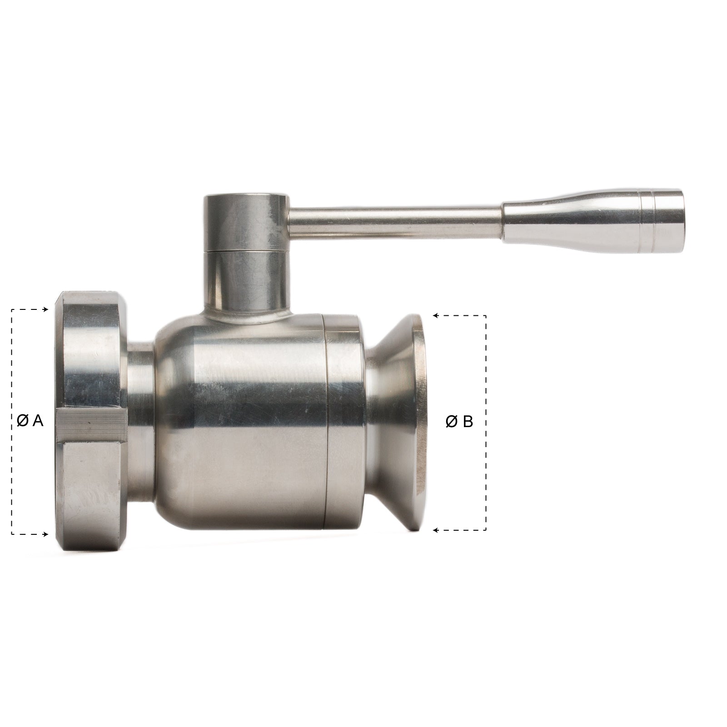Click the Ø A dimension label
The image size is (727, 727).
click(x=30, y=421)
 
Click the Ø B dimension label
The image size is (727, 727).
click(x=459, y=422)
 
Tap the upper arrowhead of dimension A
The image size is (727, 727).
click(x=46, y=310)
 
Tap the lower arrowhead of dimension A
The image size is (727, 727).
click(x=46, y=534)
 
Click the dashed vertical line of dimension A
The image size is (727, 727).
click(x=12, y=373)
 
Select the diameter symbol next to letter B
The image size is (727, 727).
click(x=451, y=422)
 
